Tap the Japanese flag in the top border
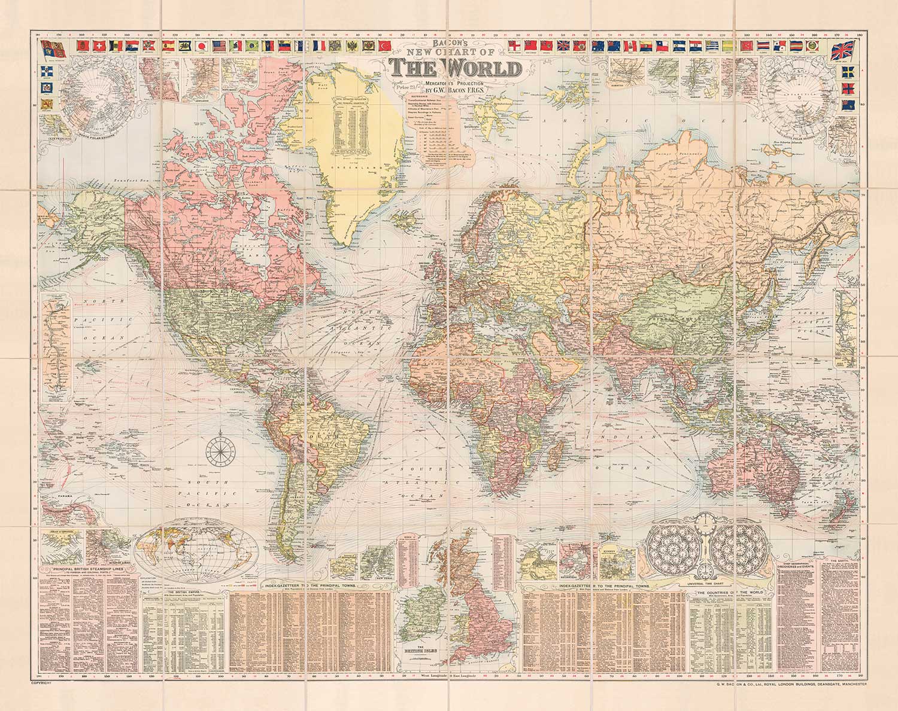tap(203, 45)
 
